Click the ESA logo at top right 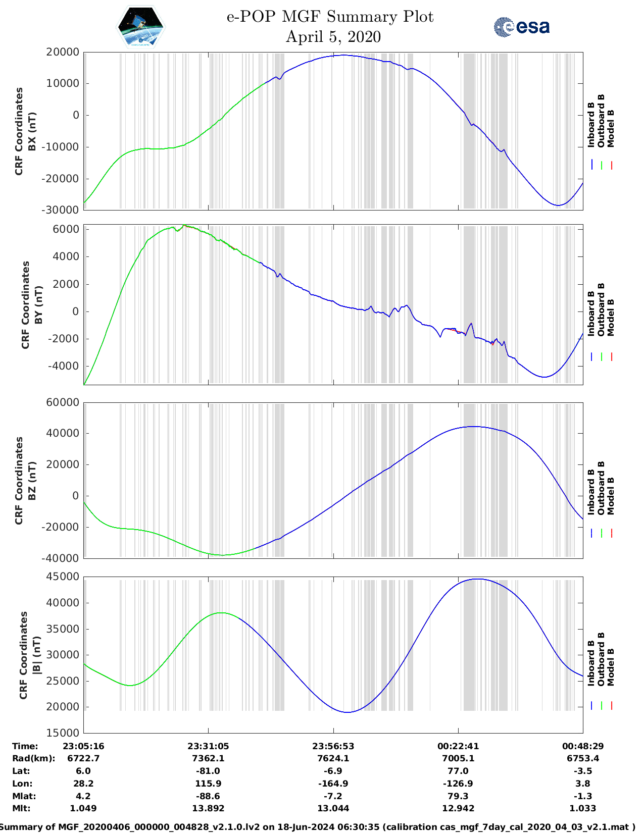coord(522,27)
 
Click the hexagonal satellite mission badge coord(140,27)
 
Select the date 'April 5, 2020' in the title coord(333,37)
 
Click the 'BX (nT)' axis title coord(32,131)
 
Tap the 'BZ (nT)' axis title coord(32,481)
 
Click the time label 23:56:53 coord(333,746)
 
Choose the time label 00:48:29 coord(583,746)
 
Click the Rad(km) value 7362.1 coord(208,758)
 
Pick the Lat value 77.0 coord(458,771)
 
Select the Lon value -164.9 coord(333,784)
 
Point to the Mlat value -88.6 coord(208,796)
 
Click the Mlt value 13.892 coord(208,808)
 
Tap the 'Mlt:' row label coord(21,808)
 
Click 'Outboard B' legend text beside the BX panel coord(601,121)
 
